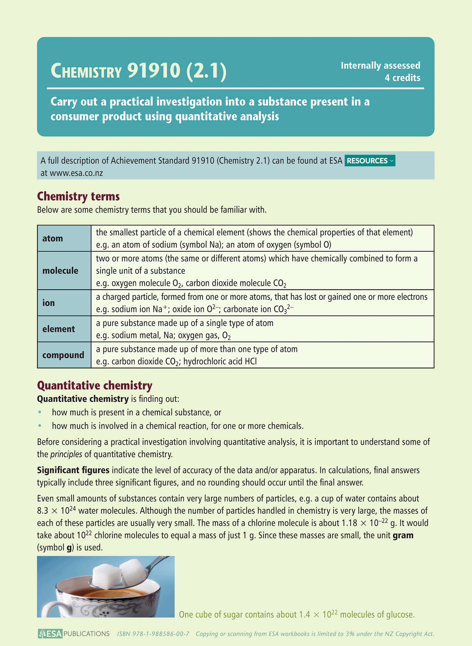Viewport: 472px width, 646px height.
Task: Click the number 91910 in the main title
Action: (x=154, y=71)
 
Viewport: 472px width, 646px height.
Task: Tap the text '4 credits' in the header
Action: (x=402, y=78)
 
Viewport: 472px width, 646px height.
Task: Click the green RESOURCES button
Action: (x=370, y=161)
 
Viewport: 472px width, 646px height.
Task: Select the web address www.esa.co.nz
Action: (x=76, y=173)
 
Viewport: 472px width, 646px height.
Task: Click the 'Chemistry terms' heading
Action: (x=78, y=196)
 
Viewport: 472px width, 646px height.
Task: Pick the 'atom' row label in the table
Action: (x=53, y=238)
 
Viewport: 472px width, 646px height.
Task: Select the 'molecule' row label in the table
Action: (x=60, y=270)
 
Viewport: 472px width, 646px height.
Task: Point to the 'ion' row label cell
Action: (x=49, y=303)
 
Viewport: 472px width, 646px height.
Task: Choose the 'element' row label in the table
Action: (x=58, y=329)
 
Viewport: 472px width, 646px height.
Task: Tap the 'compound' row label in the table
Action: (x=63, y=355)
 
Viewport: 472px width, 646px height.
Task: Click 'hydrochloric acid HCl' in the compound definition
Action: (x=220, y=362)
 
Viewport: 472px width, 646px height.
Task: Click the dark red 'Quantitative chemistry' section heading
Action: (x=95, y=385)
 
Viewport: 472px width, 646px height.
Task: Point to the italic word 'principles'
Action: (x=66, y=454)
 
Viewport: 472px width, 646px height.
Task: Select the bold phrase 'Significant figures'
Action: (x=73, y=470)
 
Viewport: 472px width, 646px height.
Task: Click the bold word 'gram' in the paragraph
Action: (x=403, y=535)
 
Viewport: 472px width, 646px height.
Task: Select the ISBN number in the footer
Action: (x=153, y=634)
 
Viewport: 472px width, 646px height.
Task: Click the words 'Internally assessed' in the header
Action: (x=380, y=66)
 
